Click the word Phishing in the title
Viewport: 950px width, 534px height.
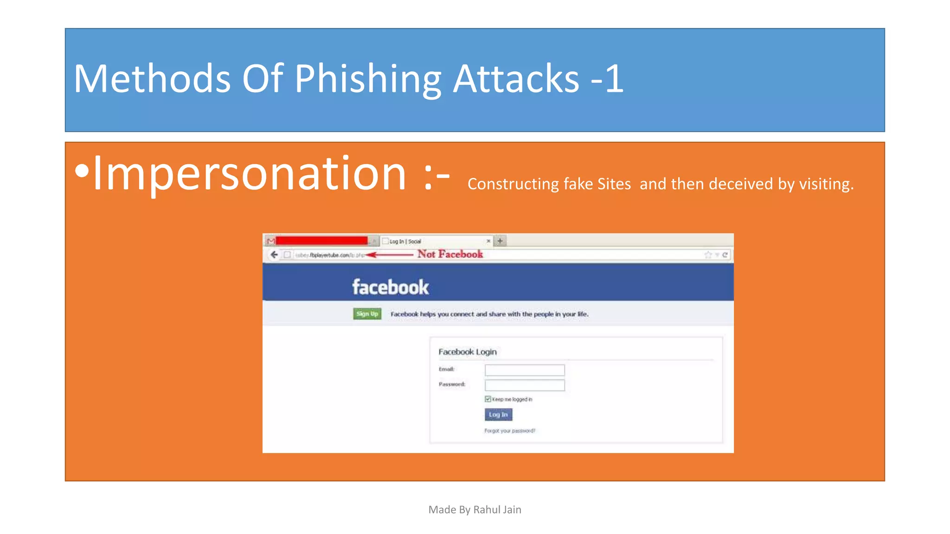click(367, 79)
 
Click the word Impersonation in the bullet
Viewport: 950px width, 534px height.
click(250, 173)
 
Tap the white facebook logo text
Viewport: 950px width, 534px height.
click(390, 287)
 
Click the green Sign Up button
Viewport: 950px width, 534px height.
click(367, 314)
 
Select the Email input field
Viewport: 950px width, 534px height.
click(525, 370)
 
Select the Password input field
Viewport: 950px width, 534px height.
click(525, 385)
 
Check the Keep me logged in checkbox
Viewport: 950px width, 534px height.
click(488, 399)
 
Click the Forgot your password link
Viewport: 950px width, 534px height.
click(510, 431)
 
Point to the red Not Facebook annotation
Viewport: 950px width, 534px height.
click(450, 254)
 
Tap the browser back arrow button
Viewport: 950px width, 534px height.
click(274, 254)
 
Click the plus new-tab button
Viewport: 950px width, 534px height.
click(500, 241)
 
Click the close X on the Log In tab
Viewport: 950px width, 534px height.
click(488, 241)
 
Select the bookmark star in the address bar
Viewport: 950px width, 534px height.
click(708, 254)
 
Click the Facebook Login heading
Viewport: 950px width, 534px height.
click(468, 352)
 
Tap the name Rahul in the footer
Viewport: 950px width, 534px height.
click(487, 510)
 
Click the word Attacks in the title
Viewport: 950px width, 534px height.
click(516, 79)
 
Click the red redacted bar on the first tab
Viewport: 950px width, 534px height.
click(321, 241)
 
